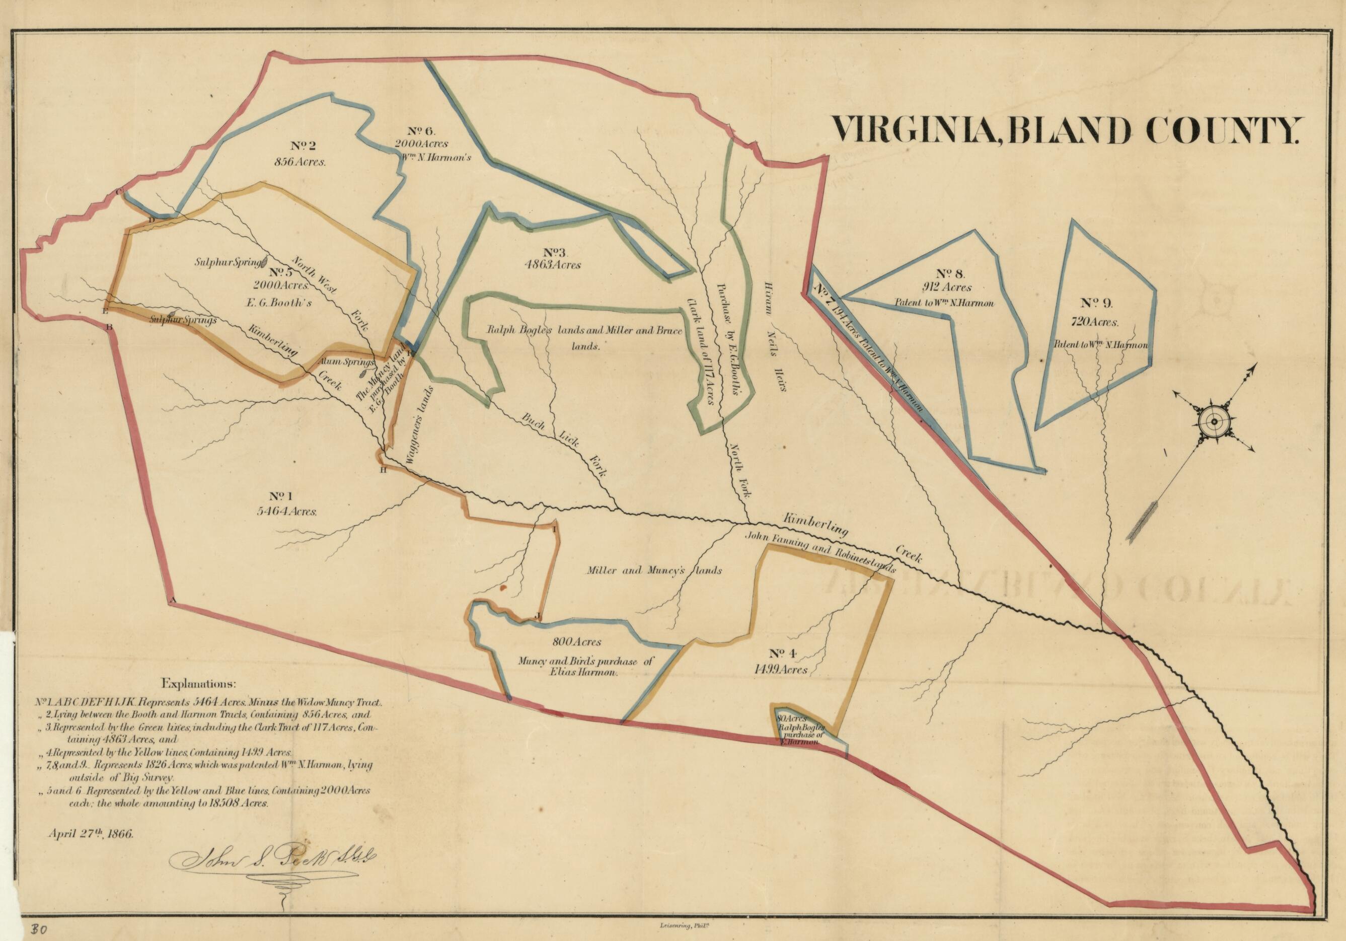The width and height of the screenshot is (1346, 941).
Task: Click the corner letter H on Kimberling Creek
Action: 384,470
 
